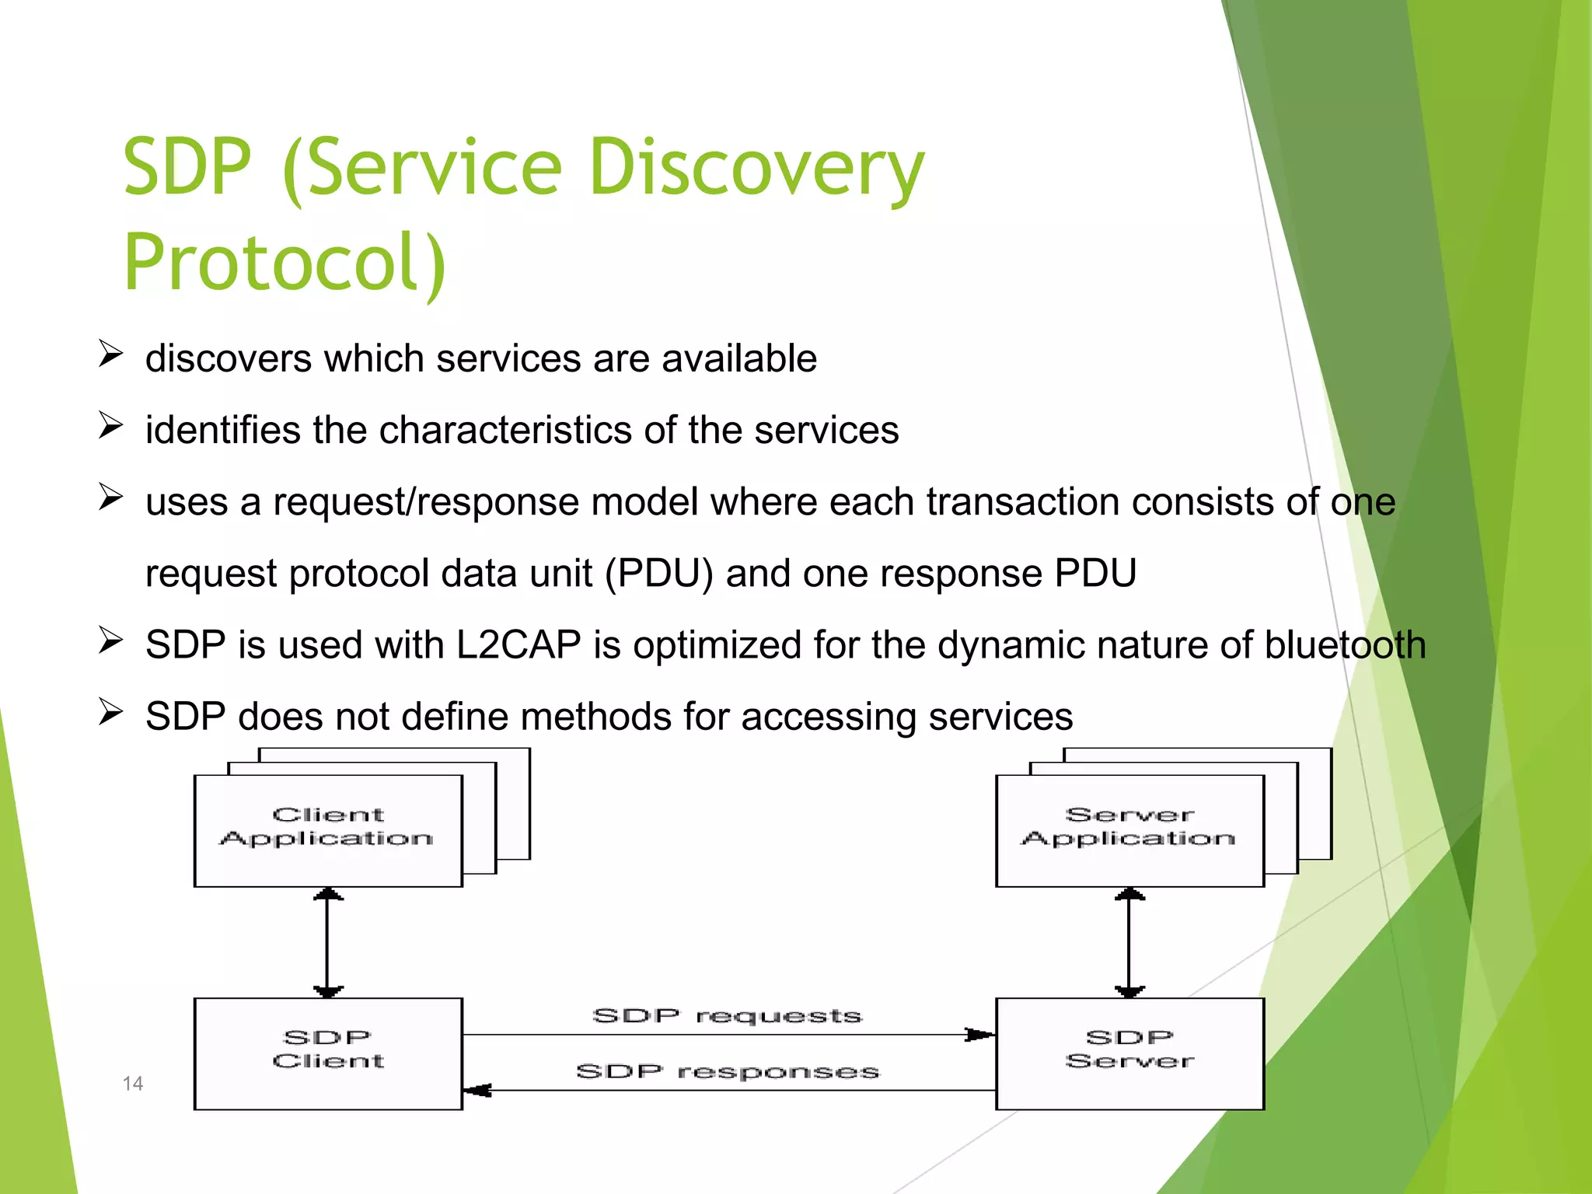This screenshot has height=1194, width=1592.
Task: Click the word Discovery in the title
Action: click(x=756, y=167)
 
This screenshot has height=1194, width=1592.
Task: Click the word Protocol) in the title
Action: click(x=285, y=263)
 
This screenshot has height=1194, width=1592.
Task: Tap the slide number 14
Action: click(x=133, y=1084)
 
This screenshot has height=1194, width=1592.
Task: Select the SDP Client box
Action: click(x=328, y=1053)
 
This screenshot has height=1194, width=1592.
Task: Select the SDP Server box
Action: click(x=1129, y=1053)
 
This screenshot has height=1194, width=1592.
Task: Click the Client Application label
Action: click(x=327, y=827)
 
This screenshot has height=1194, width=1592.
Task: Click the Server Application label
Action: click(x=1129, y=827)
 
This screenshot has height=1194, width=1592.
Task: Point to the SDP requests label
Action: click(x=727, y=1015)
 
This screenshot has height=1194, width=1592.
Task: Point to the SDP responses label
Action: click(x=727, y=1071)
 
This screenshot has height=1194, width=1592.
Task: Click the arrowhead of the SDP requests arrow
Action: click(x=979, y=1035)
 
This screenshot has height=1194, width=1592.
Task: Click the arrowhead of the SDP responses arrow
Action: click(x=477, y=1091)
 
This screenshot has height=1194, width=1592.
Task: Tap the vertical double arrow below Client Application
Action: click(x=328, y=942)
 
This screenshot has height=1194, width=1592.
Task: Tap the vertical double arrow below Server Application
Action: click(x=1129, y=942)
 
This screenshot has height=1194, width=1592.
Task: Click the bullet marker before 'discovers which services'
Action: click(x=110, y=354)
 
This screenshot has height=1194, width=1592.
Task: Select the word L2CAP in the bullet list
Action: click(x=518, y=645)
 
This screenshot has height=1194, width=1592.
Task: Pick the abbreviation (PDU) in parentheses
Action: click(x=659, y=574)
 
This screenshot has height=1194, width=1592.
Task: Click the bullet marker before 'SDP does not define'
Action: click(x=110, y=712)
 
